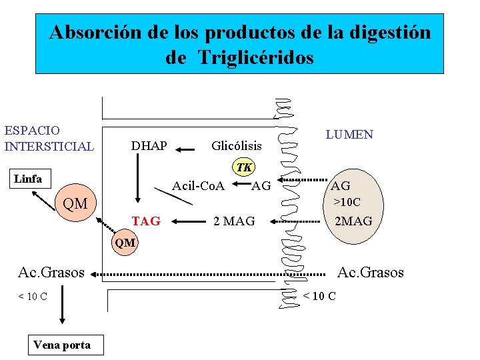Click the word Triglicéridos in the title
255,58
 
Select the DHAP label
149,145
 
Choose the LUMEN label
349,135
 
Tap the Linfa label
28,179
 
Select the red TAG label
146,221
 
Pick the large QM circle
75,203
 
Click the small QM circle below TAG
125,243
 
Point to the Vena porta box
61,345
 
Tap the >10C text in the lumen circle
347,201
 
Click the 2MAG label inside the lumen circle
353,221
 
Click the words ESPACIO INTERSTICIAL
49,138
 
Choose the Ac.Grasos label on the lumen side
371,272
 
